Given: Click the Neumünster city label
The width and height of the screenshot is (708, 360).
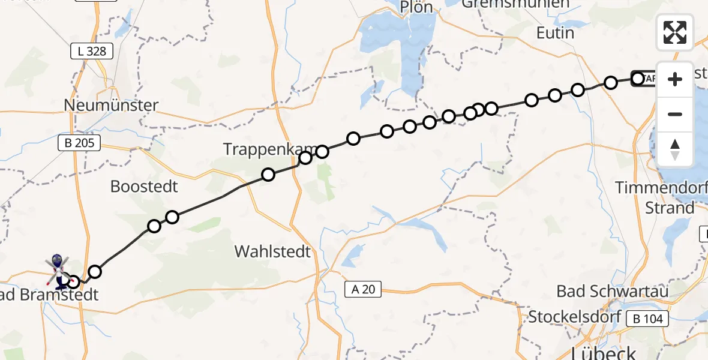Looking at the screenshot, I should click(112, 106).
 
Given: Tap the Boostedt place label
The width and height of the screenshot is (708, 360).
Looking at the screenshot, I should click(144, 187).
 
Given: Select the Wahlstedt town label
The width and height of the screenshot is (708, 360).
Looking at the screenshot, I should click(273, 251).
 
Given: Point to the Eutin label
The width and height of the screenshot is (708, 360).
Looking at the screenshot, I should click(555, 33).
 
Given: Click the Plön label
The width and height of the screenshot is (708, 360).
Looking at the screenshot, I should click(420, 7).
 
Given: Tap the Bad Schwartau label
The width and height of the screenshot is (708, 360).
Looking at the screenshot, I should click(613, 292).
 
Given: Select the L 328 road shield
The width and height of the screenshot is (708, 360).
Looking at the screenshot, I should click(92, 52).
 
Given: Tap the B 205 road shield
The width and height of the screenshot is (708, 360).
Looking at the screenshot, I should click(79, 143).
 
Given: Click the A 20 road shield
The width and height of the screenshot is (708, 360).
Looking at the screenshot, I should click(364, 289).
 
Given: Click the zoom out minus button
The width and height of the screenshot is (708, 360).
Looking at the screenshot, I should click(675, 114).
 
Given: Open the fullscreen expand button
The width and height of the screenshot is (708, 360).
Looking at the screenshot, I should click(675, 32).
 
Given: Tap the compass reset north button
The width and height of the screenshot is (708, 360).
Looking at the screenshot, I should click(675, 149).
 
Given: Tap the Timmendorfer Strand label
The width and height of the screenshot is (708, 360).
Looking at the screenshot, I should click(661, 198).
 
